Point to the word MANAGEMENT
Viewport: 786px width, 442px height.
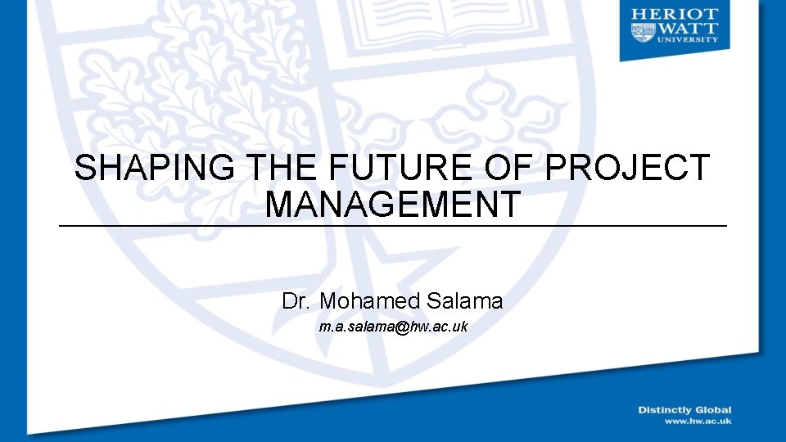(x=392, y=204)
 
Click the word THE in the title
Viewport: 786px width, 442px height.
(x=282, y=168)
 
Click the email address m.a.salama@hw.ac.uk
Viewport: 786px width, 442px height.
(x=393, y=327)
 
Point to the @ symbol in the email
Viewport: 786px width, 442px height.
(x=401, y=327)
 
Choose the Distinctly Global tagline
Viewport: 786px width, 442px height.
(x=684, y=410)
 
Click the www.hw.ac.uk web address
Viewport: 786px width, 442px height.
(x=698, y=421)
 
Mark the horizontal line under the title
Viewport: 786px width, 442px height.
(x=392, y=226)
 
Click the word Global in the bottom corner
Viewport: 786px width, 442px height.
(x=712, y=410)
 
